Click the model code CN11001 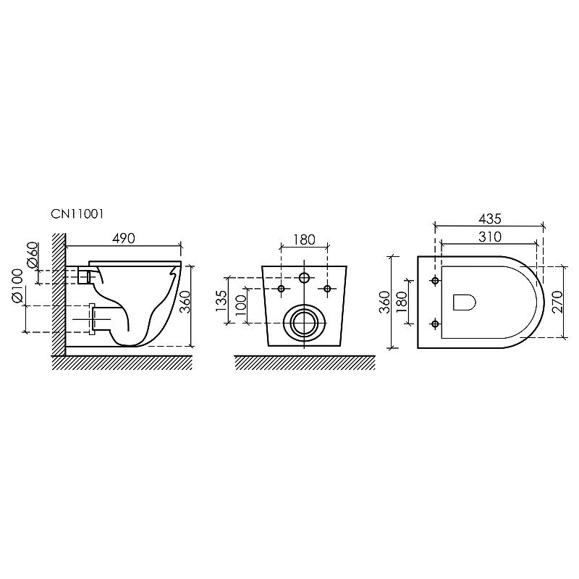tap(81, 215)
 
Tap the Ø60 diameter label tap(33, 255)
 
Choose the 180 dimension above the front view tap(304, 240)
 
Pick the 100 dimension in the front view tap(240, 309)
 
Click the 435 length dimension tap(489, 218)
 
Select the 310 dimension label tap(489, 236)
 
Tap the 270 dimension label tap(558, 299)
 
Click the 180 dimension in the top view tap(402, 300)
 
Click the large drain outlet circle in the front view tap(304, 321)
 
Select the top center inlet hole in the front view tap(304, 279)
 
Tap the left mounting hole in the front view tap(282, 289)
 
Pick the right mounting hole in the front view tap(327, 289)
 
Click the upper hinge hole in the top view tap(434, 280)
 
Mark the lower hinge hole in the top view tap(434, 322)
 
